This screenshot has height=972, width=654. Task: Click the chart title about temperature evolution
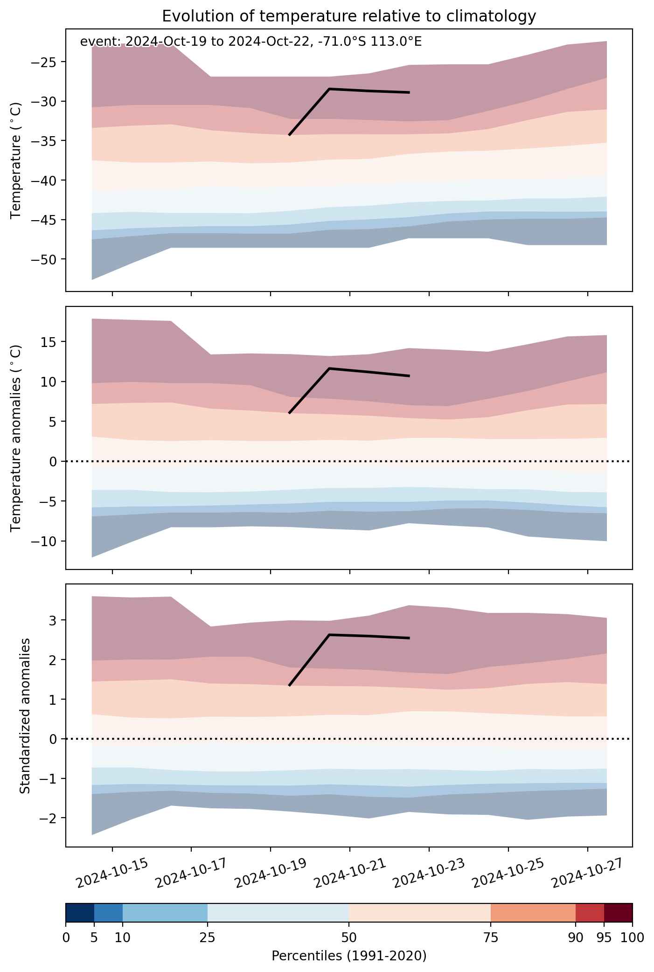(349, 16)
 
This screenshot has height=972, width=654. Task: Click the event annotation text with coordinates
(251, 42)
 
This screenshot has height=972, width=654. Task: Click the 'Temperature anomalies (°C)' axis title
(16, 438)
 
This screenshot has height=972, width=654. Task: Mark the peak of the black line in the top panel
(329, 89)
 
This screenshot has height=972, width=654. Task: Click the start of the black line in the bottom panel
(289, 686)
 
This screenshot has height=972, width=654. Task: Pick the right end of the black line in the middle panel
(409, 376)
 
